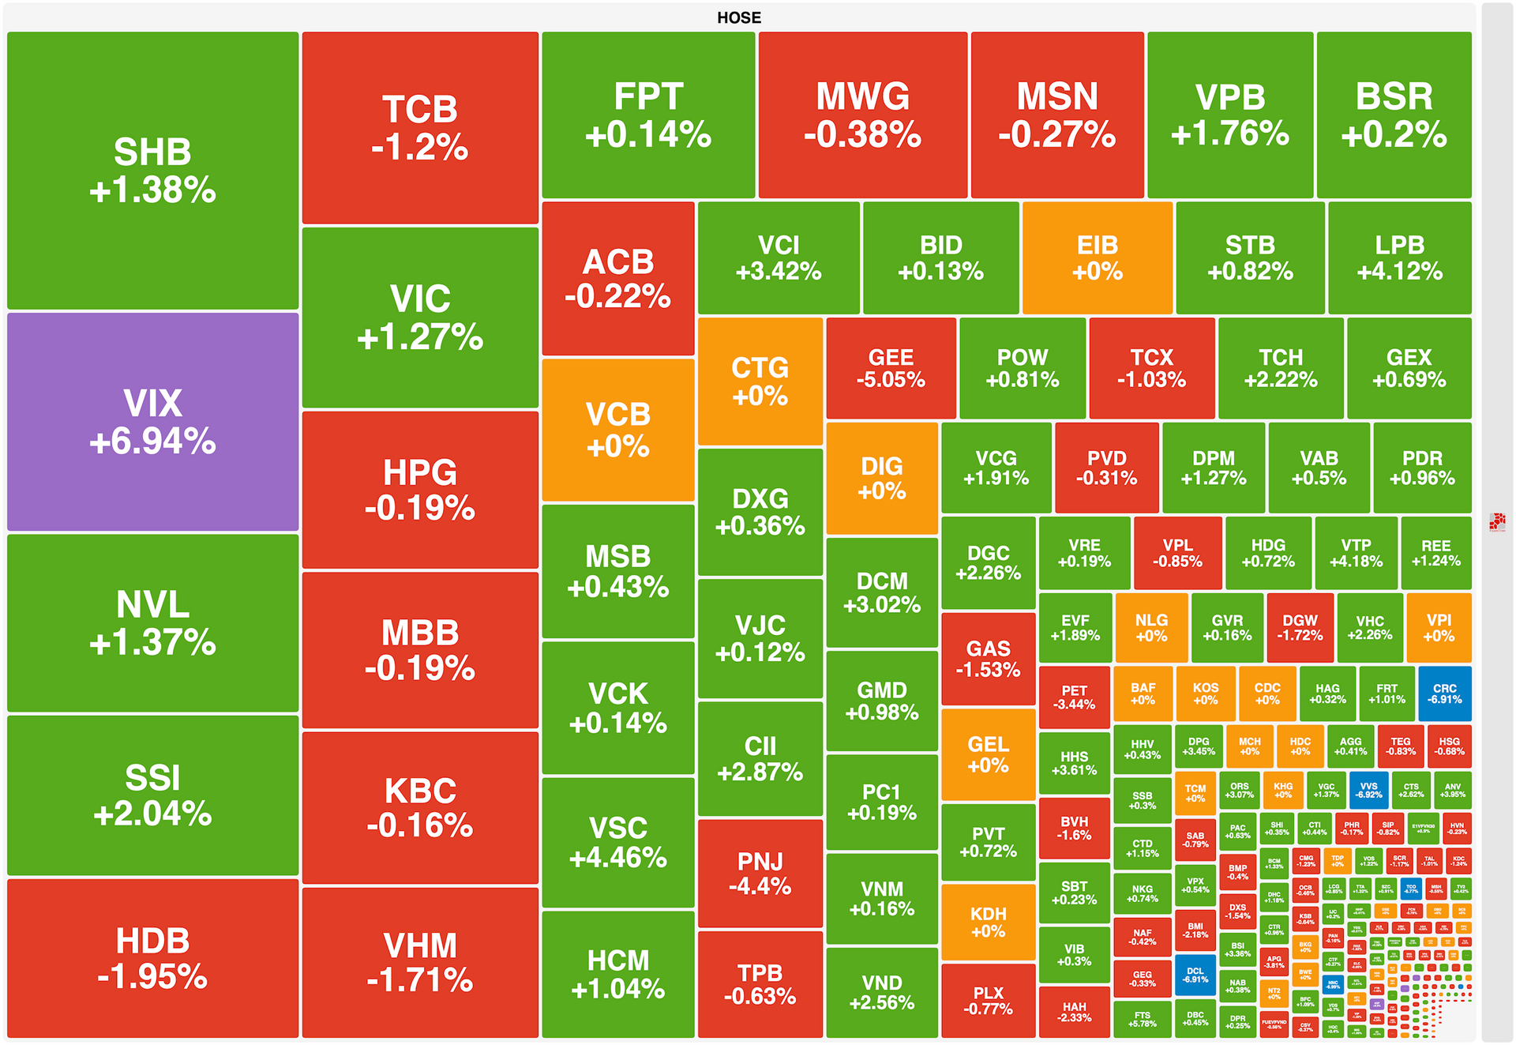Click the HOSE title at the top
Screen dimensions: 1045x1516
[x=739, y=17]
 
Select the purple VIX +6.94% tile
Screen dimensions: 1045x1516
[x=152, y=422]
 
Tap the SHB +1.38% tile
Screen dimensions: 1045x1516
[x=152, y=171]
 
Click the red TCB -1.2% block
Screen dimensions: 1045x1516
[x=420, y=128]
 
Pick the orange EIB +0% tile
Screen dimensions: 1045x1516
[x=1097, y=257]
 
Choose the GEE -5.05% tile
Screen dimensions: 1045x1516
[x=891, y=368]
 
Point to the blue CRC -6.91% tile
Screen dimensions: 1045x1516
[x=1444, y=694]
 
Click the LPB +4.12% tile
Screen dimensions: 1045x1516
[x=1399, y=257]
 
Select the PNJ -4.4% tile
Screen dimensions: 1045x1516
[x=760, y=873]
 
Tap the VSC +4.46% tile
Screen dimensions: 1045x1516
[x=617, y=842]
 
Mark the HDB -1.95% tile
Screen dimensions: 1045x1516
[x=152, y=958]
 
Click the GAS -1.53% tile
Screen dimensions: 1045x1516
[x=988, y=659]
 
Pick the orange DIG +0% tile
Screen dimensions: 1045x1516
[x=881, y=478]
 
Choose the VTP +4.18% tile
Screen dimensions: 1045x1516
[x=1356, y=553]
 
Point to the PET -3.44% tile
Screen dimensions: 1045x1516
[x=1074, y=697]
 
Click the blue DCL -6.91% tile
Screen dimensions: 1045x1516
[x=1195, y=975]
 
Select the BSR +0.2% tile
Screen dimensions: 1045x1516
[x=1394, y=115]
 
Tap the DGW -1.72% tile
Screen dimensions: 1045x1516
[x=1300, y=627]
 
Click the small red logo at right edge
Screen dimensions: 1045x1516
[x=1497, y=521]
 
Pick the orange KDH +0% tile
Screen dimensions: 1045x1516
[x=988, y=922]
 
